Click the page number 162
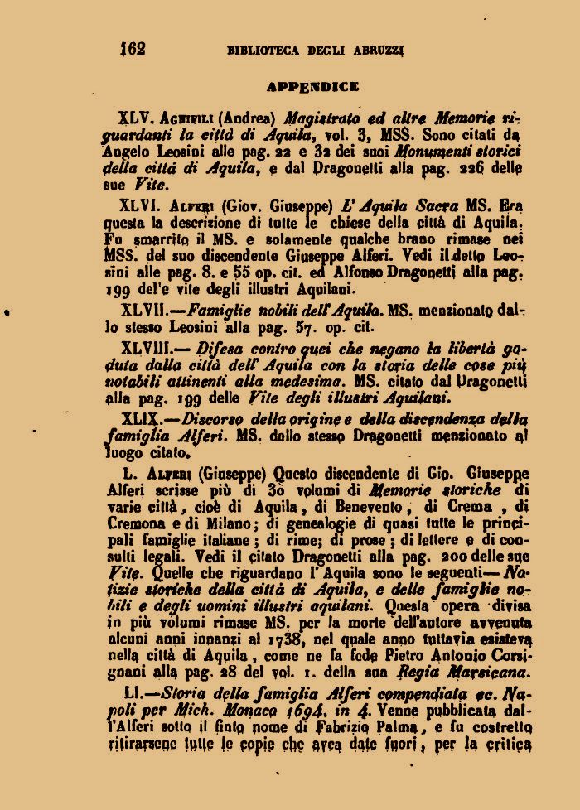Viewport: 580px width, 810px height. (x=133, y=49)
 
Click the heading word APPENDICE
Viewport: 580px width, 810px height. (x=312, y=86)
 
